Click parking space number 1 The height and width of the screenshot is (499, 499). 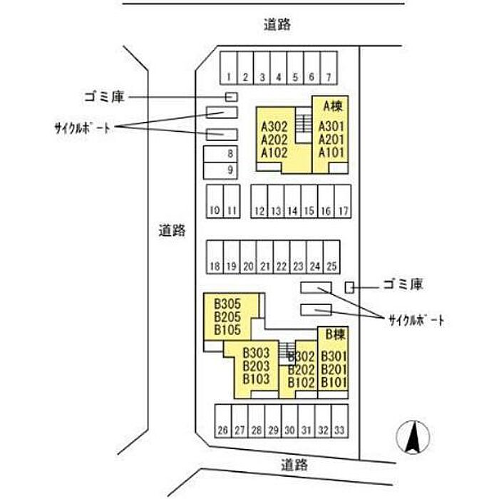228,76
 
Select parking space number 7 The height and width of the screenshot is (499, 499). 328,76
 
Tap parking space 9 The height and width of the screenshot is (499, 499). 230,170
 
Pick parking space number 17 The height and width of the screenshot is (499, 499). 344,210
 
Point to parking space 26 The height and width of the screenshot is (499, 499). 223,431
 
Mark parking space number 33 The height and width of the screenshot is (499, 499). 340,431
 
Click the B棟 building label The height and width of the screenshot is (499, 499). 335,334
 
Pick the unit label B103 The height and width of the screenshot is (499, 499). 256,379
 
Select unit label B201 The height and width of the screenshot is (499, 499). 334,369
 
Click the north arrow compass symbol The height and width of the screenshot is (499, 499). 411,436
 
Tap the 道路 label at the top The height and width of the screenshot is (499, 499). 277,26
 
